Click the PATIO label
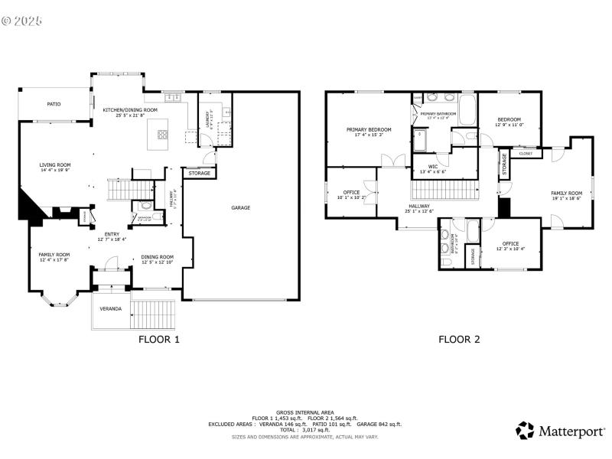tap(54, 104)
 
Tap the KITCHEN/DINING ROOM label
tap(130, 110)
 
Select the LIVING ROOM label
tap(55, 165)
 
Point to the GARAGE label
tap(241, 207)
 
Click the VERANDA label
tap(111, 309)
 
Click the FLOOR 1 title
tap(158, 340)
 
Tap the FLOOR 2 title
tap(459, 340)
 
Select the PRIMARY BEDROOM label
tap(368, 130)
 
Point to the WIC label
tap(433, 166)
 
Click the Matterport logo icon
tap(525, 431)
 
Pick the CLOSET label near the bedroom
tap(526, 154)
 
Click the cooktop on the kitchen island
tap(163, 135)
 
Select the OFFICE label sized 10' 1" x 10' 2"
tap(352, 193)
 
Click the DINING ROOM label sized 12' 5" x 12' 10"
tap(157, 257)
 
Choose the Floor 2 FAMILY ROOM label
tap(566, 194)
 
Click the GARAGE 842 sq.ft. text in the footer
tap(380, 424)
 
